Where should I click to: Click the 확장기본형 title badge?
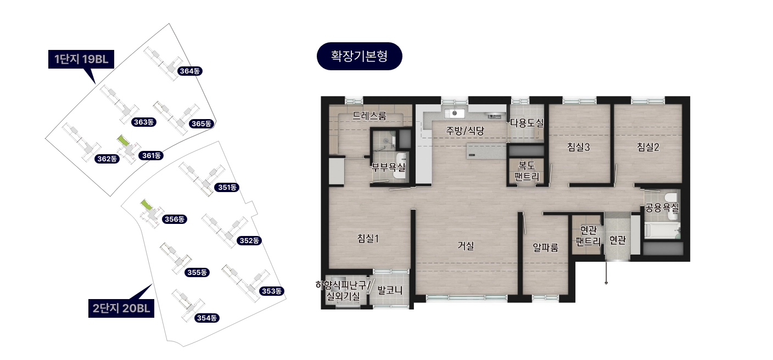click(x=359, y=56)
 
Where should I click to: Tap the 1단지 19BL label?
click(x=81, y=59)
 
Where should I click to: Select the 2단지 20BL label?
click(x=121, y=308)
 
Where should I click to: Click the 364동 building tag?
click(x=190, y=71)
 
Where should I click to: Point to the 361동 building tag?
click(x=151, y=155)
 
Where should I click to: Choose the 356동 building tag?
click(x=174, y=220)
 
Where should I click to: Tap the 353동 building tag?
click(x=272, y=291)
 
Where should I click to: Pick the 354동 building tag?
click(x=206, y=318)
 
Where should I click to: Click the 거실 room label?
click(x=466, y=246)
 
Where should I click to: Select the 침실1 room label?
click(x=368, y=238)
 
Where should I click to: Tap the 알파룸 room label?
click(x=545, y=248)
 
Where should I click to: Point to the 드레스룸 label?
click(x=369, y=116)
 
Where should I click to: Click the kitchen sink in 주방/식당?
click(x=454, y=113)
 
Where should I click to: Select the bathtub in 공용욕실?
click(x=662, y=230)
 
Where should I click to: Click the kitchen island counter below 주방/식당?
click(x=486, y=151)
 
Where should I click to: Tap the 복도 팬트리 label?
click(x=526, y=171)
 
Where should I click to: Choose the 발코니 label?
click(x=390, y=290)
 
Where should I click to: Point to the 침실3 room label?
click(x=578, y=147)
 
